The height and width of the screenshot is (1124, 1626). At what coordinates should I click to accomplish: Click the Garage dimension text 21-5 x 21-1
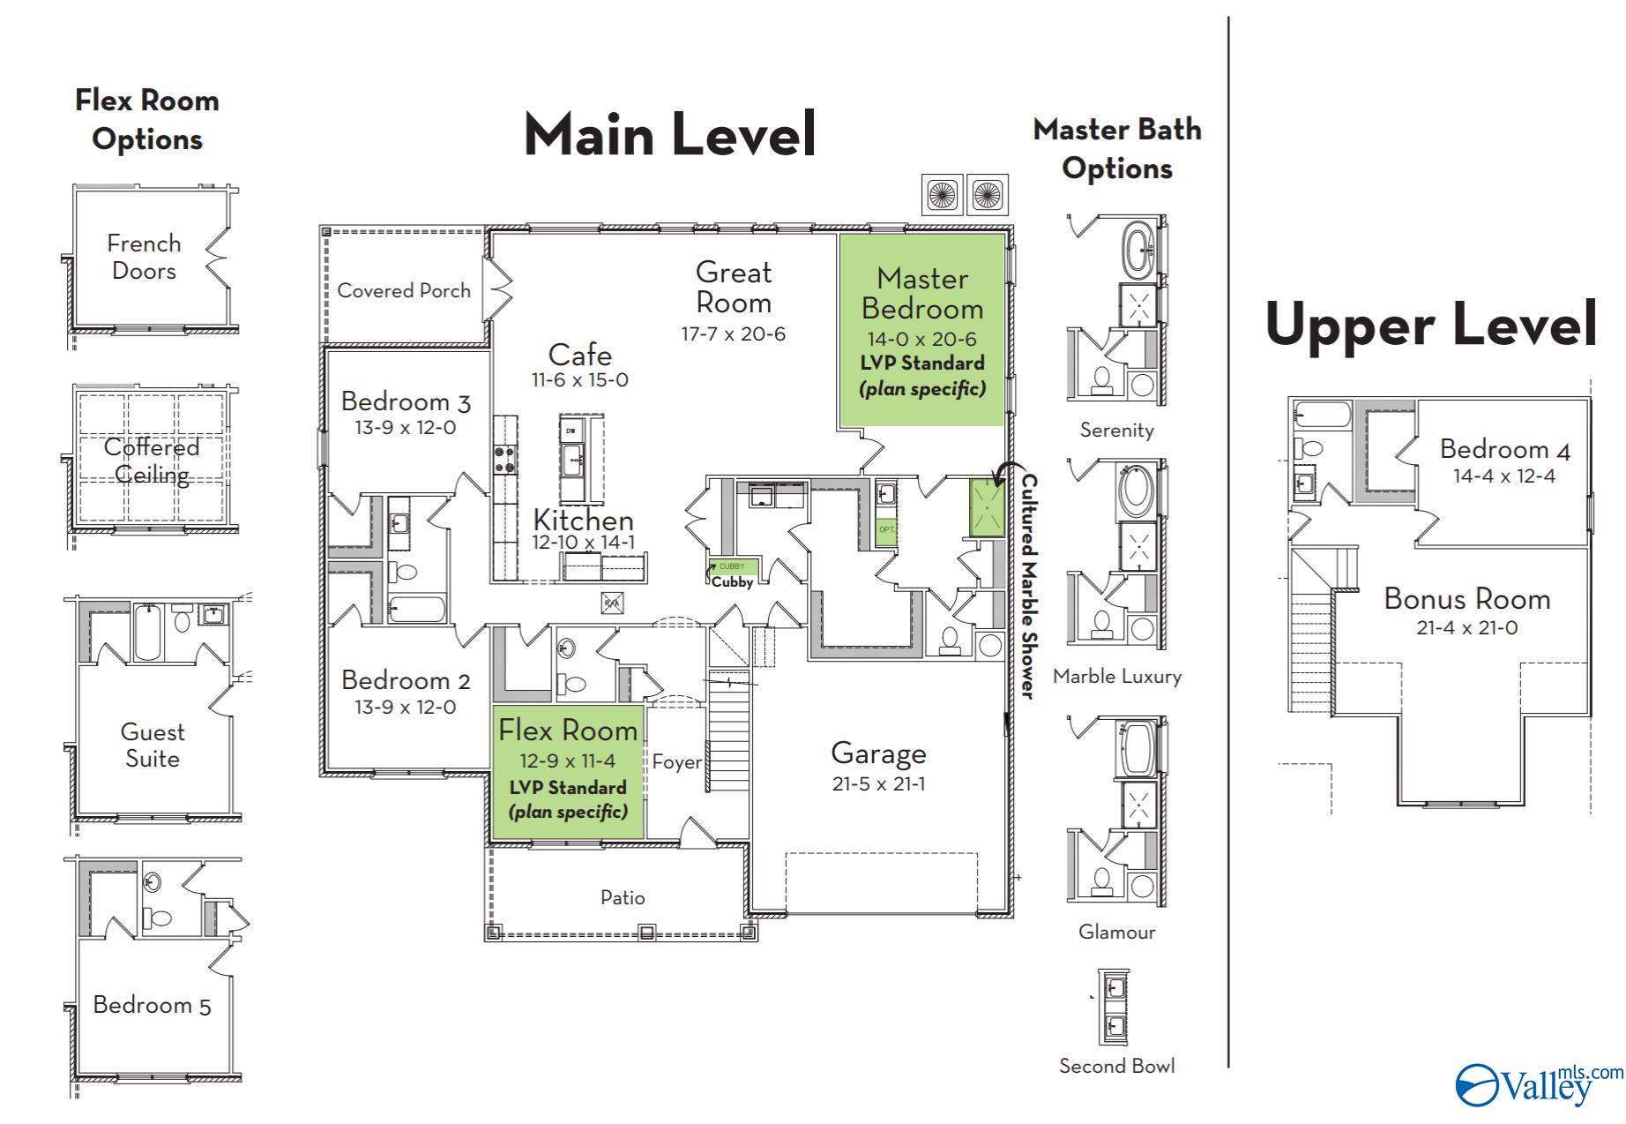pyautogui.click(x=878, y=783)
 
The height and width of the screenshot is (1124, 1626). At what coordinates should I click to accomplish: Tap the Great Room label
pyautogui.click(x=733, y=287)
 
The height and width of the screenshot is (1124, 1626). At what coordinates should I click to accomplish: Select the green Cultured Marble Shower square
pyautogui.click(x=986, y=507)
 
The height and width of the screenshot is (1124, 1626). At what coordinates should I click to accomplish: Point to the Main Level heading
pyautogui.click(x=670, y=135)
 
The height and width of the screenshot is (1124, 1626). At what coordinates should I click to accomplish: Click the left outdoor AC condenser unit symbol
pyautogui.click(x=943, y=194)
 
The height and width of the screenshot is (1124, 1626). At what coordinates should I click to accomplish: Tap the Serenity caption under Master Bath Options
pyautogui.click(x=1116, y=430)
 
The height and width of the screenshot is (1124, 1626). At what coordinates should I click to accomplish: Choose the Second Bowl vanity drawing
pyautogui.click(x=1114, y=1007)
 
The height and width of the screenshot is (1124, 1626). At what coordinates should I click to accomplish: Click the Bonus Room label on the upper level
pyautogui.click(x=1466, y=599)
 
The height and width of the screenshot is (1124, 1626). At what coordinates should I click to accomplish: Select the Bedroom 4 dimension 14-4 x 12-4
pyautogui.click(x=1504, y=476)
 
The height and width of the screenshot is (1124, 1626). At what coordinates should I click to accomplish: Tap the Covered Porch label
pyautogui.click(x=404, y=290)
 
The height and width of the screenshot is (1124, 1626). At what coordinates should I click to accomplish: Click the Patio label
pyautogui.click(x=623, y=897)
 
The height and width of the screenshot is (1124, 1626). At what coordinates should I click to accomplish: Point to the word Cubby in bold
pyautogui.click(x=732, y=582)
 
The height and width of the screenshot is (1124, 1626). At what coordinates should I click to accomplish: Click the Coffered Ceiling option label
pyautogui.click(x=152, y=461)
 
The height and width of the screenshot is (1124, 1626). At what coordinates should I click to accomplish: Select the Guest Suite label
pyautogui.click(x=152, y=745)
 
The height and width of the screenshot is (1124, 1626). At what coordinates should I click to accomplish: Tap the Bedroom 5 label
pyautogui.click(x=152, y=1005)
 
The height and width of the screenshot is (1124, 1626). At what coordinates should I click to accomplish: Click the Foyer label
pyautogui.click(x=676, y=762)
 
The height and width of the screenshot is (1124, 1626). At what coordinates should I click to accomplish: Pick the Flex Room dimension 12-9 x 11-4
pyautogui.click(x=568, y=761)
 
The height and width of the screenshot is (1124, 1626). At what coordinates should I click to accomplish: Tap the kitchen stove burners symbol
pyautogui.click(x=505, y=459)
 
